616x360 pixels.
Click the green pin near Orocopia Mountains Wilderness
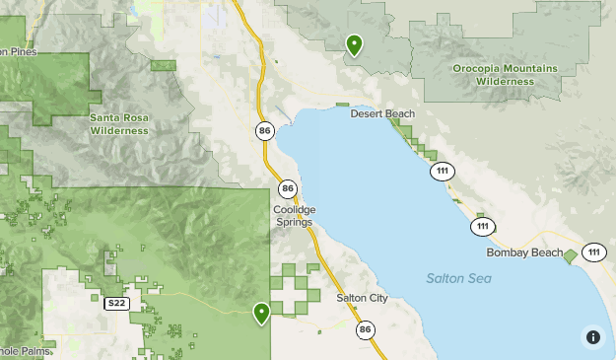click(x=354, y=44)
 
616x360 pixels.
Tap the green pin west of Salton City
click(x=261, y=313)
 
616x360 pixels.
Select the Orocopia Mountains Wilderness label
click(x=505, y=74)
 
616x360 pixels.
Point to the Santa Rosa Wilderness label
click(x=119, y=123)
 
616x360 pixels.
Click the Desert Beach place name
click(x=382, y=114)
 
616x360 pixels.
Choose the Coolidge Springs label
click(x=294, y=216)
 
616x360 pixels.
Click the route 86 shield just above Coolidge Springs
click(x=287, y=188)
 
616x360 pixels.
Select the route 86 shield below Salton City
click(x=366, y=329)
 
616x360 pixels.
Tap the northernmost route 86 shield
click(x=265, y=130)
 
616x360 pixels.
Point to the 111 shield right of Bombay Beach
click(x=593, y=252)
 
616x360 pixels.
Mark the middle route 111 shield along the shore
click(x=482, y=228)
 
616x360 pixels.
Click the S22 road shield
click(x=117, y=304)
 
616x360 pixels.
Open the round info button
click(x=592, y=336)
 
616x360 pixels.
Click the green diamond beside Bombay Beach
click(x=571, y=255)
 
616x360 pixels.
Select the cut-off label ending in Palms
click(x=22, y=350)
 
